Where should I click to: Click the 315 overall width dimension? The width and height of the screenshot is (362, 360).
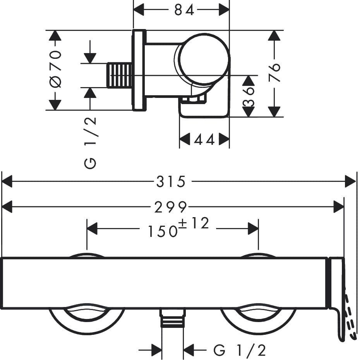(x=171, y=181)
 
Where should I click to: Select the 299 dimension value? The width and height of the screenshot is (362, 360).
(x=171, y=207)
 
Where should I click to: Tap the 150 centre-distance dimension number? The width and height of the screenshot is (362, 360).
(x=162, y=231)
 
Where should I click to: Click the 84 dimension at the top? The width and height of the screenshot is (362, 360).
(x=184, y=10)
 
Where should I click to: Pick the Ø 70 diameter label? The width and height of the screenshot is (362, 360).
(x=56, y=69)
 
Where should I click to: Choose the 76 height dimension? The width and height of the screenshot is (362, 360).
(x=274, y=72)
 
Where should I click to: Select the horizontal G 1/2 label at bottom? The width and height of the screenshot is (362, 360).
(x=240, y=351)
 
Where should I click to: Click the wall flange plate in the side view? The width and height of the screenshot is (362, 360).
(x=139, y=70)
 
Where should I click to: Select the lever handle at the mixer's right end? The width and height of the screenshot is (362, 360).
(x=337, y=294)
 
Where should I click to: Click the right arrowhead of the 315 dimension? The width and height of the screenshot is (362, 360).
(x=350, y=181)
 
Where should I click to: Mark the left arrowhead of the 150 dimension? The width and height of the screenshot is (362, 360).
(x=92, y=228)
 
